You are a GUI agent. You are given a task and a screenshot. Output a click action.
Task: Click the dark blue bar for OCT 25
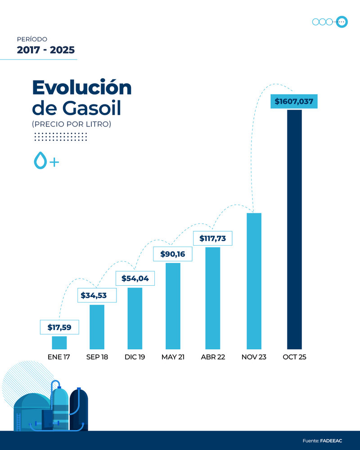pos(294,229)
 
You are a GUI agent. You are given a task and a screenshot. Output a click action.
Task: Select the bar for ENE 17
pos(59,342)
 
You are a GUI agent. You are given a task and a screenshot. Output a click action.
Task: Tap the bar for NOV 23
pos(254,281)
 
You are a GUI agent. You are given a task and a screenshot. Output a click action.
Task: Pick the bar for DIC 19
pos(135,318)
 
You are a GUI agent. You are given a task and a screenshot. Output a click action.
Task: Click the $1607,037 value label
pos(294,102)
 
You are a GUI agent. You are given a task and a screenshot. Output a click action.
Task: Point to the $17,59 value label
pos(59,328)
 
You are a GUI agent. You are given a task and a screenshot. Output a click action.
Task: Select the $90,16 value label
pos(173,254)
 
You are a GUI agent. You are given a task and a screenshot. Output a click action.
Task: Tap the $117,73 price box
pos(212,238)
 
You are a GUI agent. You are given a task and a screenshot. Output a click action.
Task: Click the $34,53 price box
pos(97,296)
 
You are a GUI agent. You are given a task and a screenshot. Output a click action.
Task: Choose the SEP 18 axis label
pos(97,357)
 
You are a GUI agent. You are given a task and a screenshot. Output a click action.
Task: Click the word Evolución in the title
pos(81,87)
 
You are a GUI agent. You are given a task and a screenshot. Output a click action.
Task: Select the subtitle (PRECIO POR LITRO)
pos(71,124)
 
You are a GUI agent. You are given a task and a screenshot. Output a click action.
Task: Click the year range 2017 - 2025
pos(45,50)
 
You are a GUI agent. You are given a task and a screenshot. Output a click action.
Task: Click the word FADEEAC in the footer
pos(331,441)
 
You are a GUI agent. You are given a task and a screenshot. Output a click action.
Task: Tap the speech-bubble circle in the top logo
pos(341,22)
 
